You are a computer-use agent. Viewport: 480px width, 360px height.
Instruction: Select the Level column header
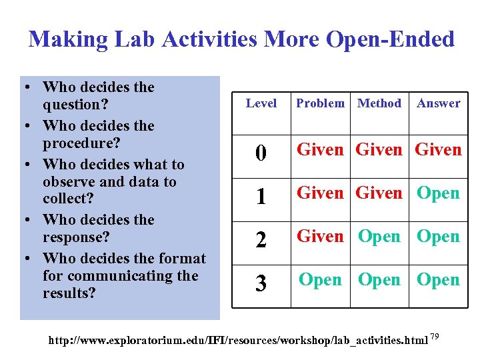[x=261, y=103]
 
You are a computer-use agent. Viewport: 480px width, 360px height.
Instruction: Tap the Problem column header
[x=320, y=103]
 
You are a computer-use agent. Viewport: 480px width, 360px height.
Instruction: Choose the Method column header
[x=379, y=103]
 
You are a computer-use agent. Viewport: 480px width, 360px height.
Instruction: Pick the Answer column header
[x=438, y=103]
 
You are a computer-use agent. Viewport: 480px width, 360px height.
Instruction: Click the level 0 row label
[x=261, y=154]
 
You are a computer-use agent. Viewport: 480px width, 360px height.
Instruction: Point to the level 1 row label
[x=261, y=197]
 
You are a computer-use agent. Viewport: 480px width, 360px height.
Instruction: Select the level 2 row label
[x=261, y=240]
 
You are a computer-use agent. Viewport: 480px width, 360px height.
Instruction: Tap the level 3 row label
[x=261, y=283]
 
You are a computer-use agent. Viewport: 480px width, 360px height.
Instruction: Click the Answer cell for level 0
[x=438, y=150]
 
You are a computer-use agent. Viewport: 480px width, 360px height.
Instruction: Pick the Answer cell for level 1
[x=438, y=193]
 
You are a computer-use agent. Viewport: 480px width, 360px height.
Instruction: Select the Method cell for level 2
[x=379, y=237]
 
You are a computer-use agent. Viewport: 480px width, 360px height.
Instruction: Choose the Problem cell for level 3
[x=320, y=280]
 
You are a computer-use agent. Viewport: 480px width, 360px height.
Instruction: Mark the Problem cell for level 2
[x=320, y=237]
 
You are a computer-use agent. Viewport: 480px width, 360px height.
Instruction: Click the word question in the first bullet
[x=74, y=105]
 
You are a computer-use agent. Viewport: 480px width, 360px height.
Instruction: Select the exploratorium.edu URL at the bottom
[x=238, y=341]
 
